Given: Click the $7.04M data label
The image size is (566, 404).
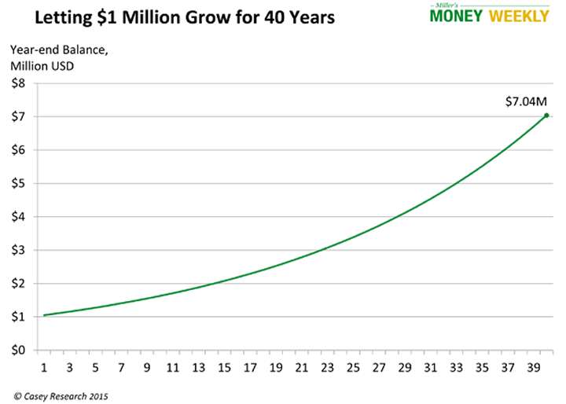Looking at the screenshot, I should click(x=524, y=101).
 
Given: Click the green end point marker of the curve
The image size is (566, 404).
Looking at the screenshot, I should click(x=546, y=116).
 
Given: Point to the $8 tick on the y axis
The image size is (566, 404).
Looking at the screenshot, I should click(x=17, y=83).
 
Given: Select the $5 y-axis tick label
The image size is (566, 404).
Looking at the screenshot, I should click(x=17, y=184).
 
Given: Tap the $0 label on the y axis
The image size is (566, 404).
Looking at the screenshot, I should click(x=17, y=351).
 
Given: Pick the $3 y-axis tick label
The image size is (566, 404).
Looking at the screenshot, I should click(x=17, y=251).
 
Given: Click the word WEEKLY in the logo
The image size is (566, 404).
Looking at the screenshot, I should click(x=519, y=17).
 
